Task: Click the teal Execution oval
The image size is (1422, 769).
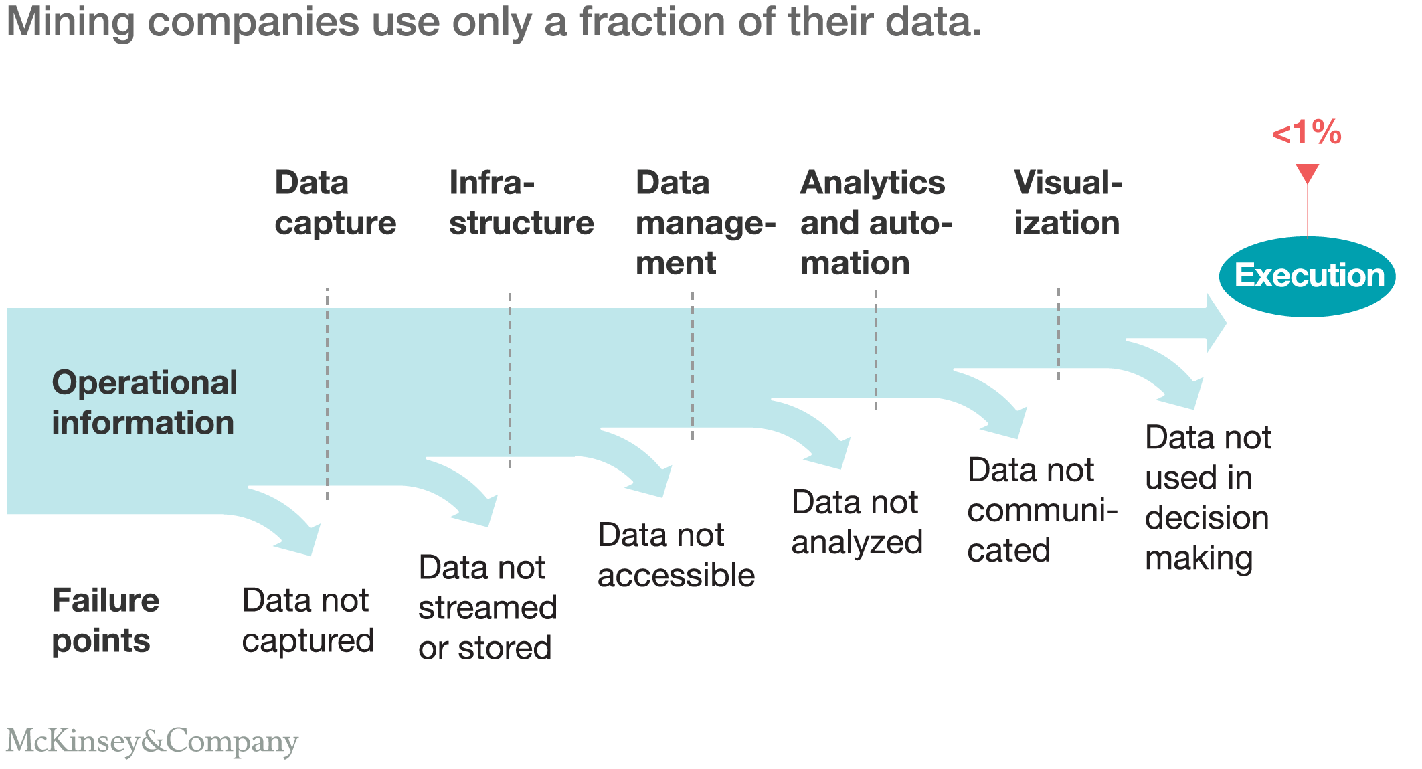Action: (1307, 276)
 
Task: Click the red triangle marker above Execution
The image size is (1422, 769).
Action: (1307, 173)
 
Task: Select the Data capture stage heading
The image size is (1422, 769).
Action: (335, 203)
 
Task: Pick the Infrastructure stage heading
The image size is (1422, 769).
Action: (521, 203)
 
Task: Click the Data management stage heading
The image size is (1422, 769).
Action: (705, 223)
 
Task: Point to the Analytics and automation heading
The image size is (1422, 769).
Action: (875, 223)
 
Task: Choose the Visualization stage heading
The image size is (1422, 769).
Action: (1067, 203)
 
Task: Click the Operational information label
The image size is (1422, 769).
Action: (144, 403)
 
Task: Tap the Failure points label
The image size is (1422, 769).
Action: (105, 620)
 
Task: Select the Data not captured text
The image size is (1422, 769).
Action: (307, 620)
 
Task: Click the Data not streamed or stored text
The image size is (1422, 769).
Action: (487, 608)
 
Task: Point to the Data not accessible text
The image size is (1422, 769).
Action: (675, 555)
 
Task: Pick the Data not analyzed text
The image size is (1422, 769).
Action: (857, 522)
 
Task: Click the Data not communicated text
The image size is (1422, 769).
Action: (1041, 510)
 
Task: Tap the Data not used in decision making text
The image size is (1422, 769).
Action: (1208, 498)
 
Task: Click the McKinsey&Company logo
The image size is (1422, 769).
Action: (152, 742)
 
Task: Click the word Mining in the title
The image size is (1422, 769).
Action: (70, 22)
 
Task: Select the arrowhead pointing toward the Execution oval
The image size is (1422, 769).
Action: (1215, 323)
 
